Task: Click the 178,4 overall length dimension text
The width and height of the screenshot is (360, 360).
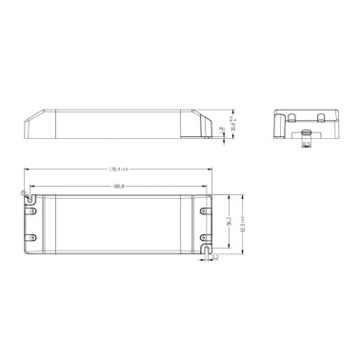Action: coord(119,170)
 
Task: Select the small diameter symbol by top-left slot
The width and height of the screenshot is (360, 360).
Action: coord(23,192)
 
